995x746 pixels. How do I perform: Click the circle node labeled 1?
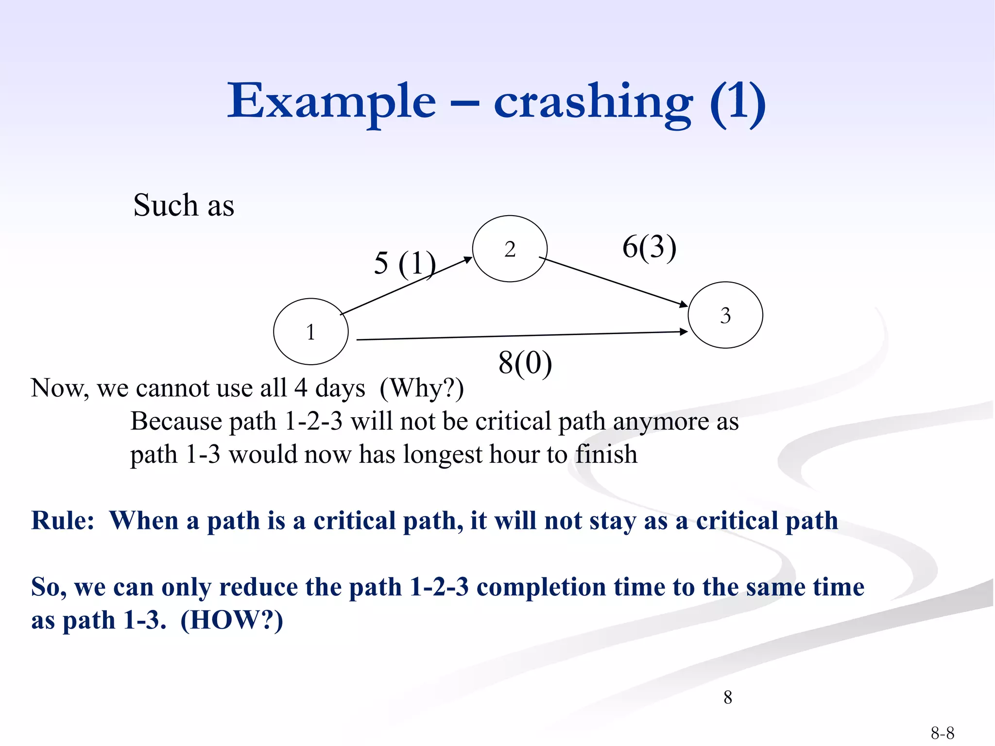pos(310,332)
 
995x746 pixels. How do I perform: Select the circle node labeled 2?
pos(510,249)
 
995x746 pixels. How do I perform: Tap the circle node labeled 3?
pos(725,315)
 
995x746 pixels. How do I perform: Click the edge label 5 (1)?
pos(405,264)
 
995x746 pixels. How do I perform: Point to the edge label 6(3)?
pos(649,247)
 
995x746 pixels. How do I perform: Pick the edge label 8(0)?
pos(525,363)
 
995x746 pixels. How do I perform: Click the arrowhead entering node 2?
pos(468,260)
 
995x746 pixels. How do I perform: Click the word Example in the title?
pos(332,101)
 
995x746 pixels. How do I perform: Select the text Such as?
pos(184,205)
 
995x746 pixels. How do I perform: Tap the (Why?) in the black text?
pos(422,389)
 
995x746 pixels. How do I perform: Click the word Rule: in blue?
pos(63,521)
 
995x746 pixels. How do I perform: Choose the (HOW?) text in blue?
pos(232,620)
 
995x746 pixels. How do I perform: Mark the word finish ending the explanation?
pos(606,455)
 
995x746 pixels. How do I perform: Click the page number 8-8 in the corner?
pos(942,732)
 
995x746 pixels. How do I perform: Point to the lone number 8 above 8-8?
pos(727,697)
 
